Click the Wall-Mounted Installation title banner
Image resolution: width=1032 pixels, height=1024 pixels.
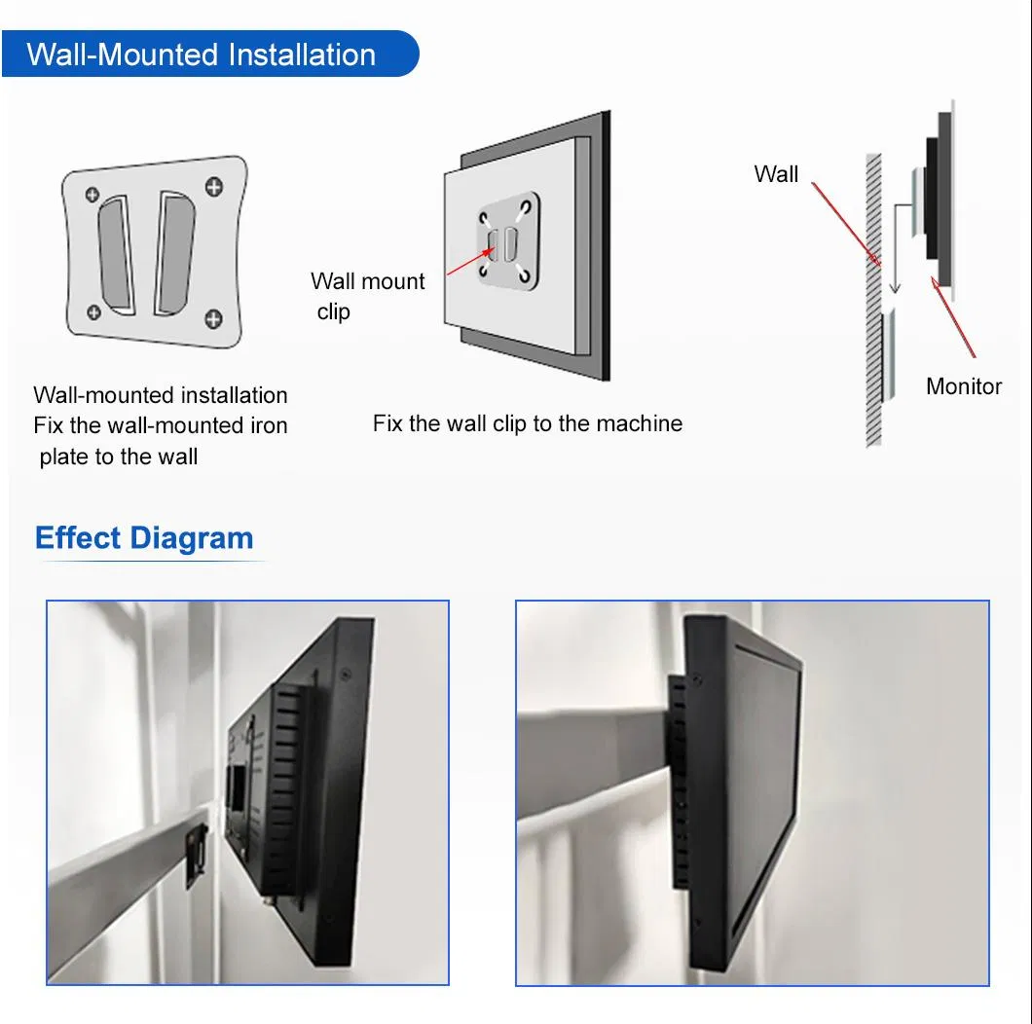pyautogui.click(x=209, y=54)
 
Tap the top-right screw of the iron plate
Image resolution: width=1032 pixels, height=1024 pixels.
pyautogui.click(x=214, y=187)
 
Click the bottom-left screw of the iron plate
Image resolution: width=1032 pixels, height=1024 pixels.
pyautogui.click(x=94, y=311)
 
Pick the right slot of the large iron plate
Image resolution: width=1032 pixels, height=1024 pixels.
pyautogui.click(x=174, y=253)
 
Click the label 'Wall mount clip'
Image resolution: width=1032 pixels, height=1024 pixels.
pyautogui.click(x=367, y=296)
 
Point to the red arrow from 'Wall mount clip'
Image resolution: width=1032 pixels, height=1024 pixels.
pyautogui.click(x=470, y=261)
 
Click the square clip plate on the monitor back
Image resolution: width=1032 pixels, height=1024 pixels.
pyautogui.click(x=508, y=241)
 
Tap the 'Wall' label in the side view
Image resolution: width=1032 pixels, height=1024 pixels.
pyautogui.click(x=776, y=174)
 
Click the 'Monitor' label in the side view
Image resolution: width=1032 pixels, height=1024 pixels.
pyautogui.click(x=964, y=386)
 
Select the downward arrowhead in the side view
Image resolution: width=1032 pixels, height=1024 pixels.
pyautogui.click(x=895, y=287)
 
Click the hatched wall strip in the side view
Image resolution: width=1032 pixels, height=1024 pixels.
pyautogui.click(x=873, y=300)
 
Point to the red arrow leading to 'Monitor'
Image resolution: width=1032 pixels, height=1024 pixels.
pyautogui.click(x=953, y=317)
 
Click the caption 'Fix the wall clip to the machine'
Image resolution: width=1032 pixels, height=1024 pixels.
pyautogui.click(x=527, y=423)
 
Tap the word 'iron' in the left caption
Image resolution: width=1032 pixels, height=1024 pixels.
pyautogui.click(x=269, y=425)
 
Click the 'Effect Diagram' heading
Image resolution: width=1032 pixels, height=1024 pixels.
pyautogui.click(x=144, y=537)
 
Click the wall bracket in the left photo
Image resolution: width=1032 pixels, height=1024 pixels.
pyautogui.click(x=196, y=856)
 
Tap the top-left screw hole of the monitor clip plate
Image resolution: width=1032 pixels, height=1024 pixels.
pyautogui.click(x=484, y=218)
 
